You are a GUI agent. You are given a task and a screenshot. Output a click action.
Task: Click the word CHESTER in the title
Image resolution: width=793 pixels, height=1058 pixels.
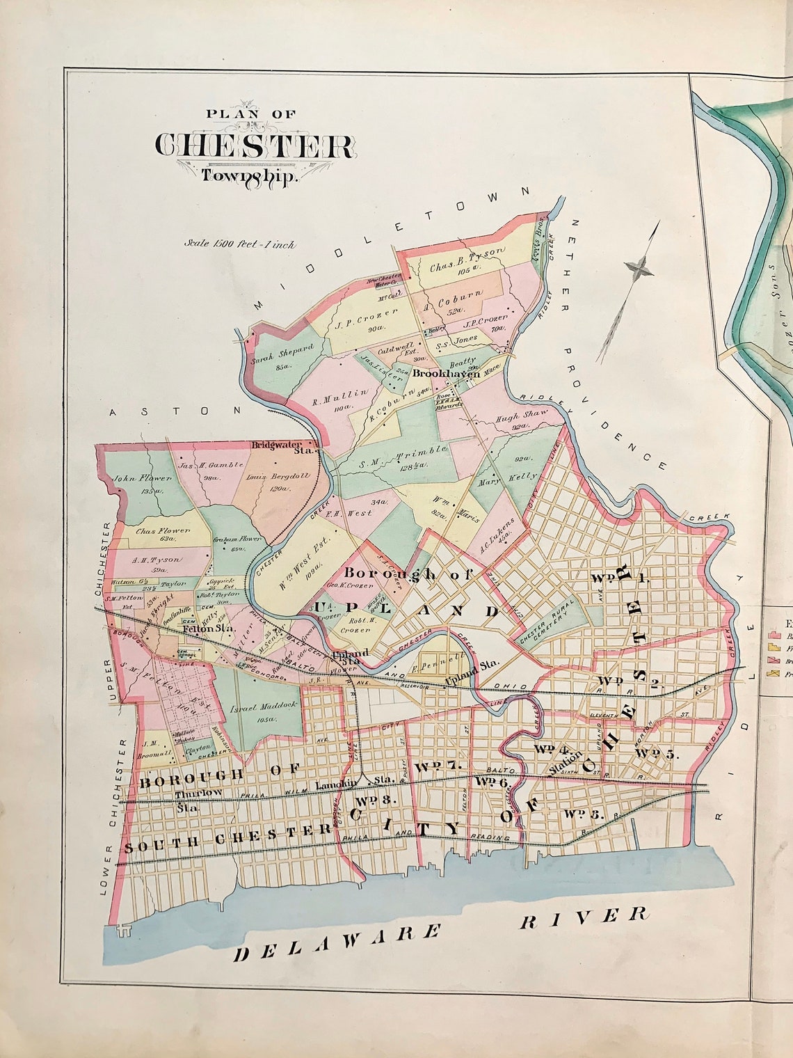[254, 145]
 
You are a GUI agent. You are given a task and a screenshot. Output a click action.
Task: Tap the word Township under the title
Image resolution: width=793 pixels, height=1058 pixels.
[249, 175]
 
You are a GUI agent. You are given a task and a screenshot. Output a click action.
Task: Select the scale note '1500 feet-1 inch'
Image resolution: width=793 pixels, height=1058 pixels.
[239, 244]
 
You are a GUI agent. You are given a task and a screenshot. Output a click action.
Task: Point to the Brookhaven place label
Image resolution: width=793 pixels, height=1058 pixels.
[447, 374]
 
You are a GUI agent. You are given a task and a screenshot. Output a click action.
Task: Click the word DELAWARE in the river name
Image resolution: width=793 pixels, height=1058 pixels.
[337, 945]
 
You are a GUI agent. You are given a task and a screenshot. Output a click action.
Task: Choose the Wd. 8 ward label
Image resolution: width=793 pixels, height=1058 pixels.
[377, 800]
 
